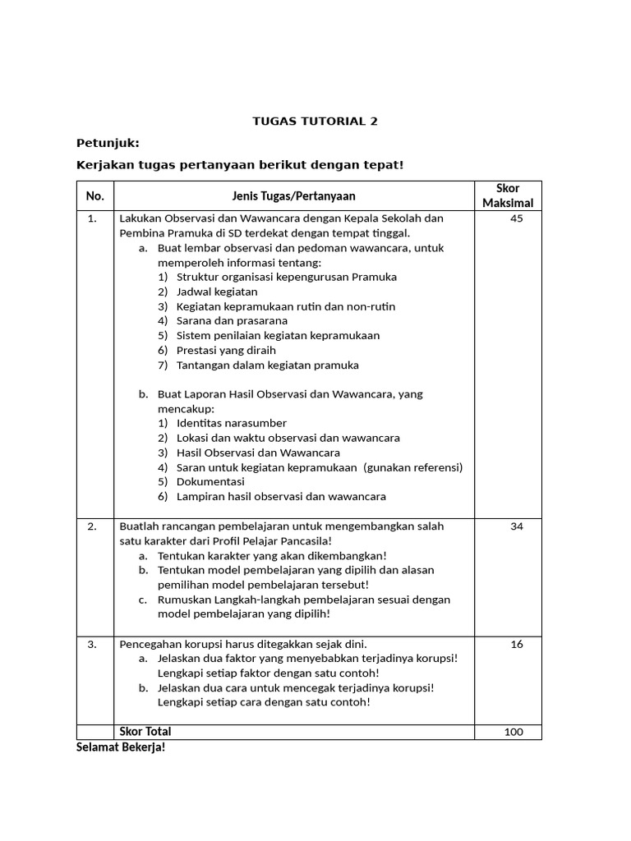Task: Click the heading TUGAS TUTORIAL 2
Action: coord(315,121)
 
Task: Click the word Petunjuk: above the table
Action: coord(108,143)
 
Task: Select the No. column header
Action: coord(94,196)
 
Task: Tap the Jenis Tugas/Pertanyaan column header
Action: coord(293,196)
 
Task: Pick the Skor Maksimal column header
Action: coord(508,195)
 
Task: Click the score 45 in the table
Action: coord(516,218)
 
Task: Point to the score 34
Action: coord(516,526)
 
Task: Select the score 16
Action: coord(516,645)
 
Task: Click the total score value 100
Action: coord(514,733)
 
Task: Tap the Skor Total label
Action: coord(146,732)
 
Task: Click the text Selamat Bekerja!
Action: coord(121,748)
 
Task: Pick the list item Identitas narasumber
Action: coord(232,423)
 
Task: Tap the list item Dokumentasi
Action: coord(210,482)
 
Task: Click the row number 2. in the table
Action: coord(93,526)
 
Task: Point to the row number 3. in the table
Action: coord(93,645)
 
